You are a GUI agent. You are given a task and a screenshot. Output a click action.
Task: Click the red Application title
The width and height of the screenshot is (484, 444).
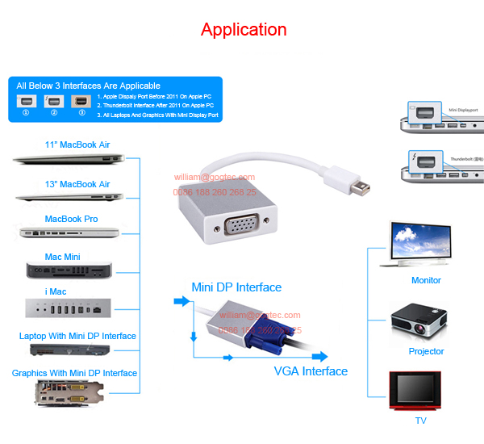point(244,30)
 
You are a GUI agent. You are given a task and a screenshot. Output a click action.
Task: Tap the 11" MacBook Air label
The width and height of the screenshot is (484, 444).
point(77,145)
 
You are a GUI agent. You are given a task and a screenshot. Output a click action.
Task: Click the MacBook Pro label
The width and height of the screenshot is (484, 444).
point(71,219)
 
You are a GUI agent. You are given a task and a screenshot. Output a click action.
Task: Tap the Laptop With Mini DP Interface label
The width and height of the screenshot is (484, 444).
point(77,336)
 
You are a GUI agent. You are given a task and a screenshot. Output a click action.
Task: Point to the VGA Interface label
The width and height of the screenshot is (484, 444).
point(311,371)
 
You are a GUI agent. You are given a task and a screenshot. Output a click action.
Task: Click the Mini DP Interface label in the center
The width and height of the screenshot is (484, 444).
point(236,287)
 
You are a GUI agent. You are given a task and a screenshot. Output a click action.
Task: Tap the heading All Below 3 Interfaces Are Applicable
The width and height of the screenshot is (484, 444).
point(88,86)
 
